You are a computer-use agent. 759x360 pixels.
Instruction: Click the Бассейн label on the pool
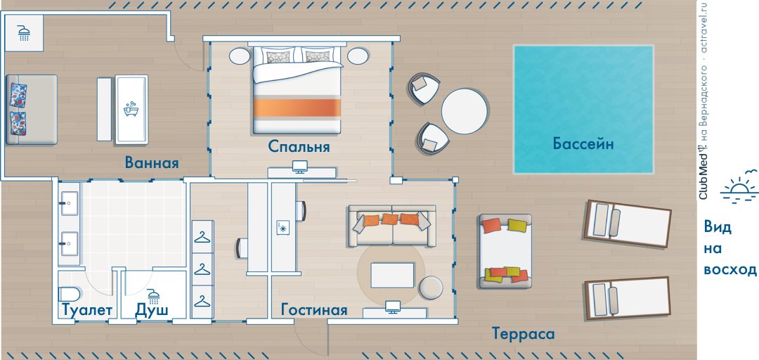pos(583,144)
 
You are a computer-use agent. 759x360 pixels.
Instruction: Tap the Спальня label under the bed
pos(299,146)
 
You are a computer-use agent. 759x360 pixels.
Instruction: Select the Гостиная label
pos(314,309)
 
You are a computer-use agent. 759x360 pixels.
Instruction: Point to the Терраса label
pos(524,334)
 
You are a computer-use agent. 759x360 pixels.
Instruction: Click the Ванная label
pos(152,162)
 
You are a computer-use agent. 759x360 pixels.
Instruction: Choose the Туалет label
pos(87,309)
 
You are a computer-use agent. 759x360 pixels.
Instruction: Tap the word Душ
pos(152,309)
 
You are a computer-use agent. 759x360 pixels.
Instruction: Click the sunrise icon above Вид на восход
pos(739,186)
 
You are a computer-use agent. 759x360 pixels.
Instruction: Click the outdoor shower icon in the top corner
pos(24,32)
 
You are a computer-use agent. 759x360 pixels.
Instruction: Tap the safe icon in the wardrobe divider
pos(283,227)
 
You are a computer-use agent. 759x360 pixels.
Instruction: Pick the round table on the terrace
pos(465,111)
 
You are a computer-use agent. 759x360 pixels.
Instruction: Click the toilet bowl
pos(69,294)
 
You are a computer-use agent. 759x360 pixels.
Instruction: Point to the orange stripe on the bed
pos(297,108)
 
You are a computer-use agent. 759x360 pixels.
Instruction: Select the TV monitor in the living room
pos(393,307)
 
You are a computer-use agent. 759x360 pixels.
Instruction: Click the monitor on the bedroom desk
pos(299,167)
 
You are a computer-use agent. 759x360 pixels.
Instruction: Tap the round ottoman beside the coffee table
pos(430,288)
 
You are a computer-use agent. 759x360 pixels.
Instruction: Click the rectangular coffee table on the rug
pos(393,275)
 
